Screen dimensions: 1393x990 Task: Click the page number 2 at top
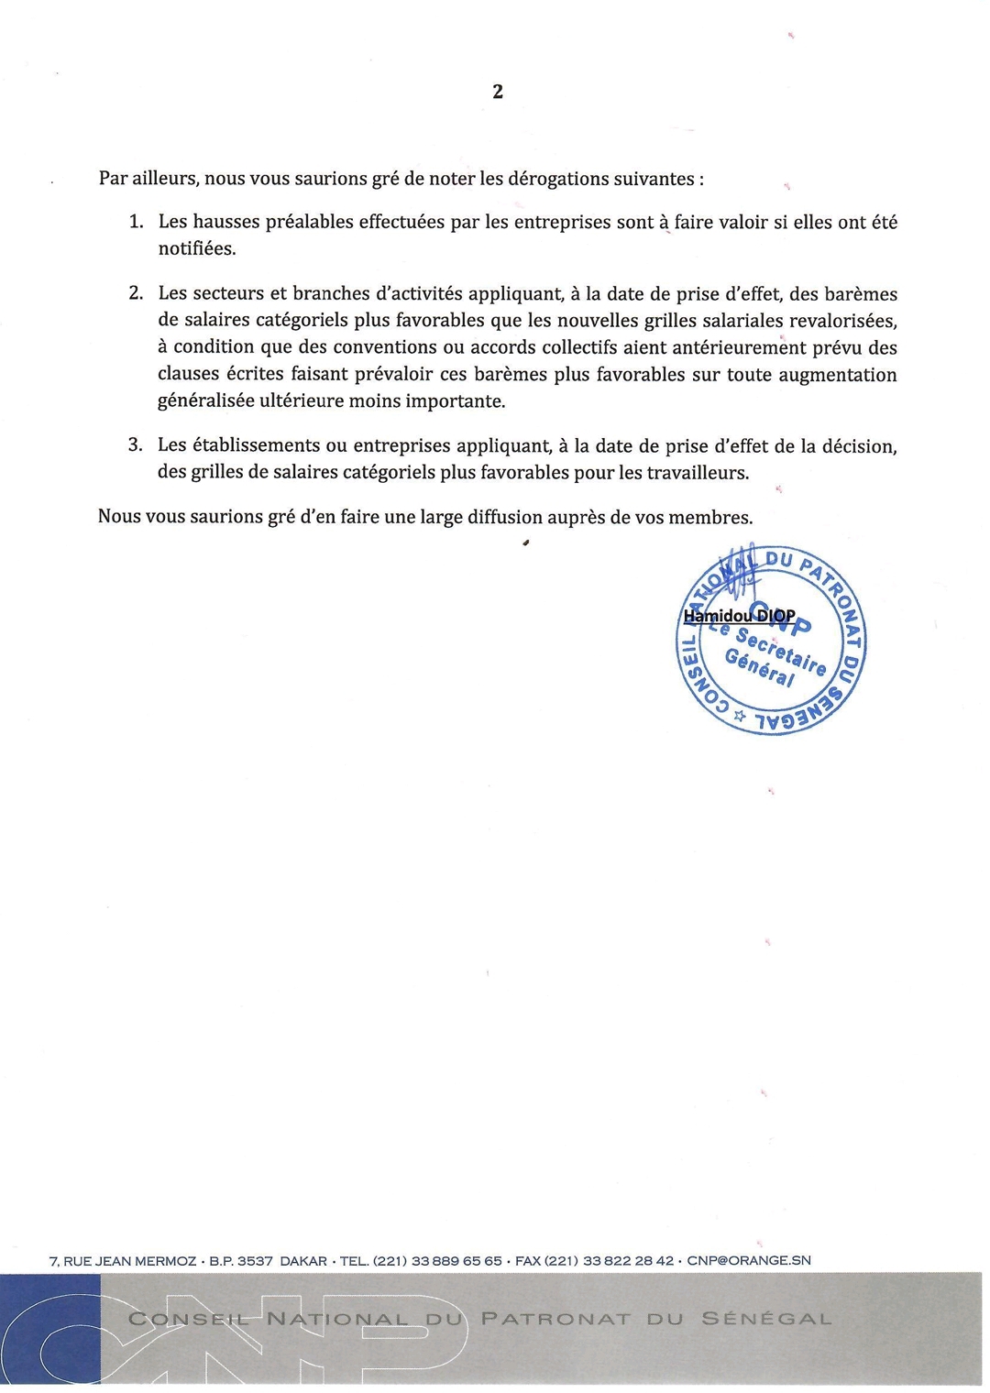(x=498, y=92)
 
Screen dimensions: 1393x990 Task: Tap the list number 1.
(x=136, y=222)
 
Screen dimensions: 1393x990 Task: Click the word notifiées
(x=197, y=248)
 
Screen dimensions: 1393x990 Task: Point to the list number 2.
(x=136, y=294)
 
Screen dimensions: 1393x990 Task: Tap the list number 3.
(x=136, y=445)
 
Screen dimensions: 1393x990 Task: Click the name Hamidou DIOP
(x=739, y=616)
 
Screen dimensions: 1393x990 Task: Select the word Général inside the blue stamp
(x=760, y=667)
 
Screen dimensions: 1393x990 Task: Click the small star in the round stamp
(x=740, y=718)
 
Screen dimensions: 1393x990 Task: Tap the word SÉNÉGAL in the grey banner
(x=766, y=1320)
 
